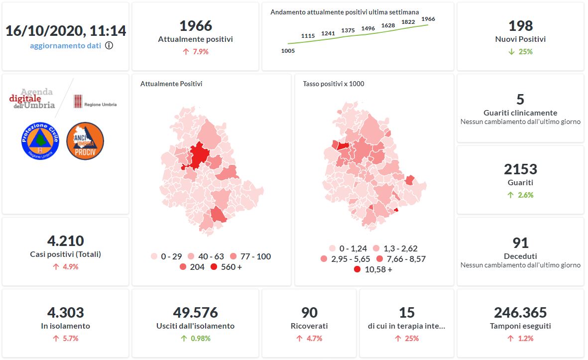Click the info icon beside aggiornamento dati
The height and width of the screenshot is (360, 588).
(x=109, y=45)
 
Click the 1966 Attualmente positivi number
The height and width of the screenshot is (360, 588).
(x=195, y=26)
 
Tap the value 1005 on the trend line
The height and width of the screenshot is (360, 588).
(x=288, y=51)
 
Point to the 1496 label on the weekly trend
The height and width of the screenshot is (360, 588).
(x=368, y=28)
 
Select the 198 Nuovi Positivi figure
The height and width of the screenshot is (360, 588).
(x=520, y=26)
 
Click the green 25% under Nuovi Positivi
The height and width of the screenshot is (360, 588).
(x=520, y=51)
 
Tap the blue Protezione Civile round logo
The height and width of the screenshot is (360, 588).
(x=40, y=141)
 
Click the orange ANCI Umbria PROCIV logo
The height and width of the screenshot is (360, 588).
(x=85, y=141)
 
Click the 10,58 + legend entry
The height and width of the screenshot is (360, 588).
(x=373, y=269)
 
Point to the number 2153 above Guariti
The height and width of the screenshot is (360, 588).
(x=520, y=169)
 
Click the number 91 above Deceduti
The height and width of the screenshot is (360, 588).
(x=520, y=243)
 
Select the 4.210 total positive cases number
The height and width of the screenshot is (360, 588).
(x=65, y=241)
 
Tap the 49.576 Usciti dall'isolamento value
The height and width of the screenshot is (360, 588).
(x=195, y=313)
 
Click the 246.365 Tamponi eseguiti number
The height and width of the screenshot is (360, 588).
(x=520, y=313)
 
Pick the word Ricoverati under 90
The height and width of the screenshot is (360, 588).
(x=309, y=326)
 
